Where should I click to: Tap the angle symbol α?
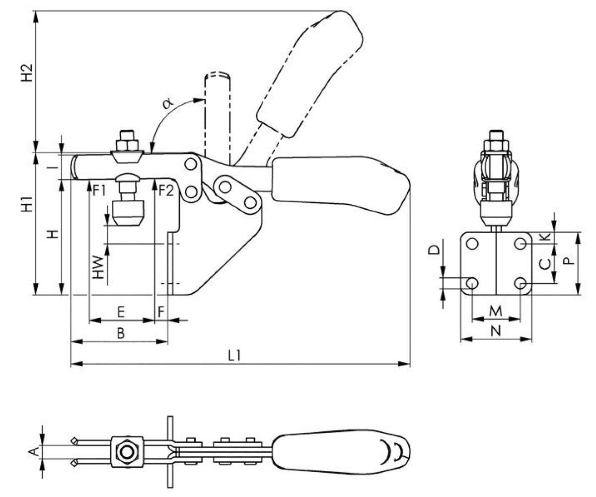(x=168, y=103)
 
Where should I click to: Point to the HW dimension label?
(x=99, y=267)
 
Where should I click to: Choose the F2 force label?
(x=165, y=190)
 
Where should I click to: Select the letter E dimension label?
(x=120, y=313)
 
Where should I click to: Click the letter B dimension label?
(x=120, y=334)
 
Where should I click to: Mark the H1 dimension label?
(x=29, y=205)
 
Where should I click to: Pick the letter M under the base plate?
(x=496, y=311)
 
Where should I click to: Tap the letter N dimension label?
(x=496, y=332)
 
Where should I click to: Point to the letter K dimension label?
(x=545, y=237)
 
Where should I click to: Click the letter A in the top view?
(x=34, y=451)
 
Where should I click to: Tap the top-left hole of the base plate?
(x=472, y=244)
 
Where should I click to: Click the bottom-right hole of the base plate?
(x=521, y=283)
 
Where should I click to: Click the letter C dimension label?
(x=545, y=263)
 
